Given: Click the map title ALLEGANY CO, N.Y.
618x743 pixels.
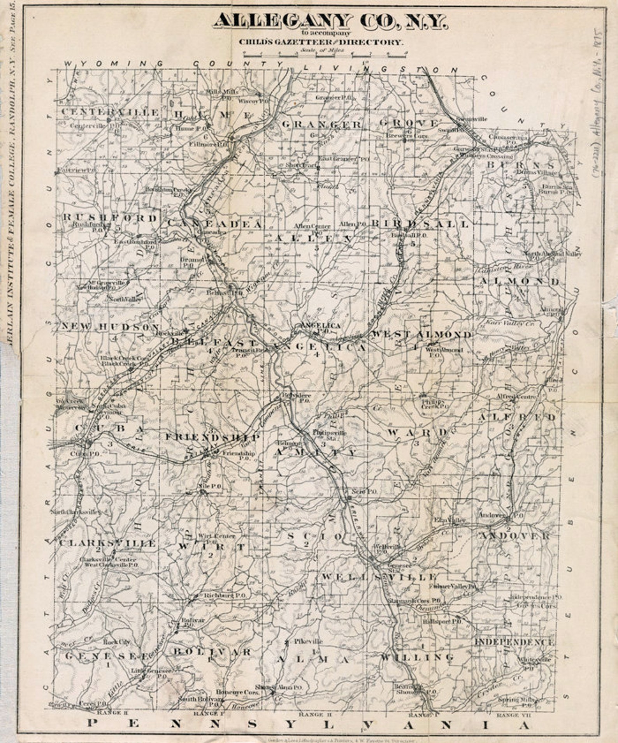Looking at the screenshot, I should (x=330, y=21).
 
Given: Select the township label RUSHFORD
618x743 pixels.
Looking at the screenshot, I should (x=110, y=218).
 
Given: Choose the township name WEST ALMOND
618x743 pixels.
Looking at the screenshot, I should (x=421, y=335).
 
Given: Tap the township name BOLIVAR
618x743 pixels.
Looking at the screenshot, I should (x=212, y=652).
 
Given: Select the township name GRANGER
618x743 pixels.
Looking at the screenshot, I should (x=321, y=125).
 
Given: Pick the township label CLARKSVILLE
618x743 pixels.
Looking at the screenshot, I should (x=108, y=543).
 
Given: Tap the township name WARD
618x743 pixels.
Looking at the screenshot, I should (x=418, y=432).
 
